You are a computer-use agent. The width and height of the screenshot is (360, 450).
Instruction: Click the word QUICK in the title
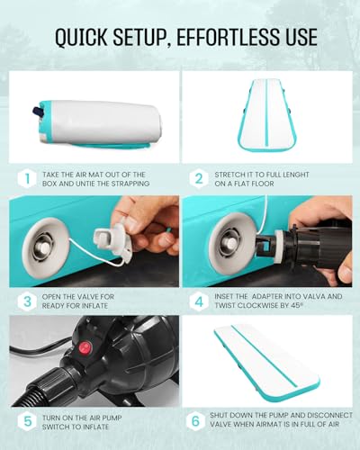(81, 37)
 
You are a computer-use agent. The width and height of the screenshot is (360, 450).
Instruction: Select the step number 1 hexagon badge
(27, 179)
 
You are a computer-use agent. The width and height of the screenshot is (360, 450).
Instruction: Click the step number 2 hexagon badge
(199, 179)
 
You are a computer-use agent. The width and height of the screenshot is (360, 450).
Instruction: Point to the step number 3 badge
(27, 301)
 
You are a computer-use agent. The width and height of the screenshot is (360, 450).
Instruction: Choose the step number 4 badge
(199, 301)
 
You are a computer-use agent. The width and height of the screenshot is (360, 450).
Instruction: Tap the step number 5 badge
(27, 421)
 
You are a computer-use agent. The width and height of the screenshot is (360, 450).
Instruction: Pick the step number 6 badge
(195, 420)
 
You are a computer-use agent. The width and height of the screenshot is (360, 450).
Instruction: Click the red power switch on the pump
(85, 348)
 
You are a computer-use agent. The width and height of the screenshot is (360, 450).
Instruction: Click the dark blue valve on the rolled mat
(37, 112)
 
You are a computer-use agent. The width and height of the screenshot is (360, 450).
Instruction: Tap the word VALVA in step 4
(310, 296)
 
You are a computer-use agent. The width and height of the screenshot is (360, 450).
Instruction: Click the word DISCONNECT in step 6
(332, 415)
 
